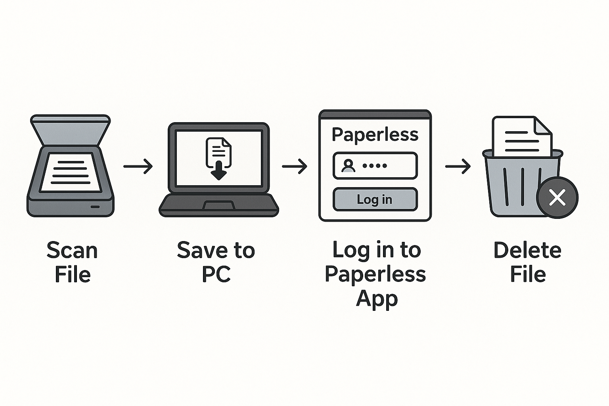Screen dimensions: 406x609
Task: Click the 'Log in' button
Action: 375,199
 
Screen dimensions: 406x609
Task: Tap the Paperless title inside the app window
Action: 375,135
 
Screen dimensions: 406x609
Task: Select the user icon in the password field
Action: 349,165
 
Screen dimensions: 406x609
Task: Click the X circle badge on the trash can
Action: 557,197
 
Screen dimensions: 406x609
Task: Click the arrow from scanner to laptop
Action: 138,166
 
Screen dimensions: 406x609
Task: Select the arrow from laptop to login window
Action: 294,166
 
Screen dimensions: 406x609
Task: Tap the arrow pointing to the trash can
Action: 458,166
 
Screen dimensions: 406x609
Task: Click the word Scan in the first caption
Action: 72,251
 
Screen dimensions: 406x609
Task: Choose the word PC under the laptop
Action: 216,274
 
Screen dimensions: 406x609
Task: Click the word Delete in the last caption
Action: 527,251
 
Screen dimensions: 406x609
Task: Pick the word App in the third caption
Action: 377,299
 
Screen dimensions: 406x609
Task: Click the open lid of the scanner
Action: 70,129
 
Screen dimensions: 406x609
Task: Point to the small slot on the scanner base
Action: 95,207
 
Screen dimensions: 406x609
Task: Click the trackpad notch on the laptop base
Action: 218,205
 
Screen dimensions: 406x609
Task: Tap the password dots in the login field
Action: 375,165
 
